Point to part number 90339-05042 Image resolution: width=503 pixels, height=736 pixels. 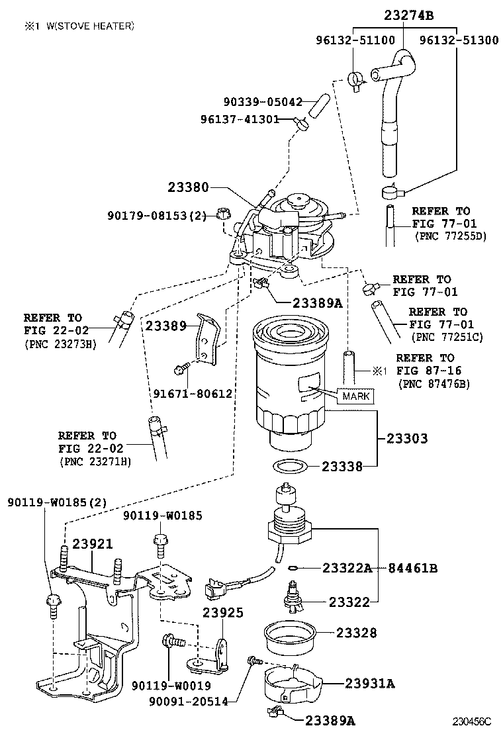click(x=263, y=102)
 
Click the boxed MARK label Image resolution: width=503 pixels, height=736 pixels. click(x=355, y=396)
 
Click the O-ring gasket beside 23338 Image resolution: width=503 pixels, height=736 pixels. click(x=289, y=466)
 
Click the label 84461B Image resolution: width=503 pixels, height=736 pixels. click(x=412, y=568)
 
